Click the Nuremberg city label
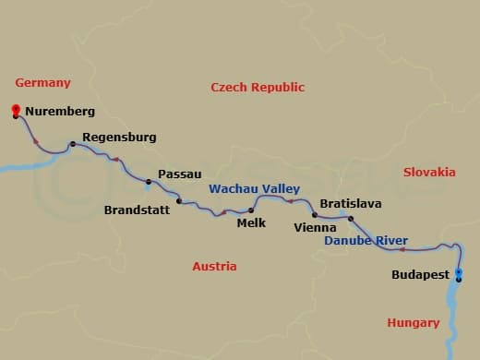coord(60,112)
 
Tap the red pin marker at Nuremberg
coord(16,111)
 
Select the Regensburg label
coord(119,138)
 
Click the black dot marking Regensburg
coord(72,144)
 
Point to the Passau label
coord(179,174)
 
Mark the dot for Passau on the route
coord(148,181)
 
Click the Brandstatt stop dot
coord(179,200)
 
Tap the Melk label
coord(251,222)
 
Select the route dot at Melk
coord(251,210)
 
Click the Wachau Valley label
coord(253,188)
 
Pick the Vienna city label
coord(315,226)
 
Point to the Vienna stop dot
coord(315,215)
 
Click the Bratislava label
coord(350,203)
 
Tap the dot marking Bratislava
coord(351,218)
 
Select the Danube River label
coord(366,241)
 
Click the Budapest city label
coord(420,275)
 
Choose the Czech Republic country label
coord(258,88)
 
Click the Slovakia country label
coord(429,172)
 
